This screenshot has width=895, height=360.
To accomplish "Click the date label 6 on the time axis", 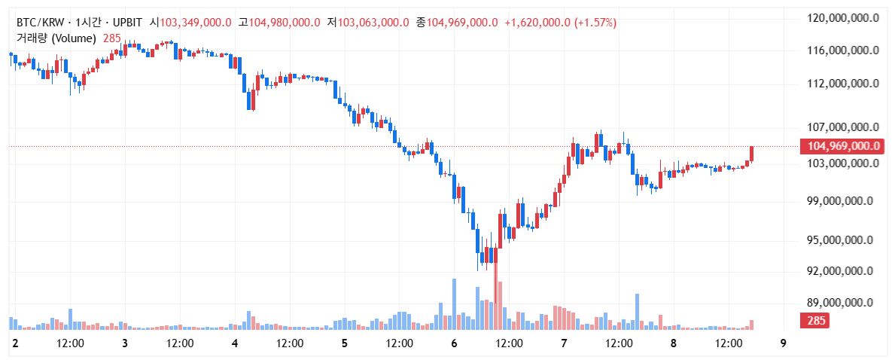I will [x=454, y=343].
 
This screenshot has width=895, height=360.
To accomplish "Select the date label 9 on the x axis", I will [x=784, y=343].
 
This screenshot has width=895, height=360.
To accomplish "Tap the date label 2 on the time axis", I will [x=15, y=343].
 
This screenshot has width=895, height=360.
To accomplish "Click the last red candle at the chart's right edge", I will [x=751, y=153].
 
